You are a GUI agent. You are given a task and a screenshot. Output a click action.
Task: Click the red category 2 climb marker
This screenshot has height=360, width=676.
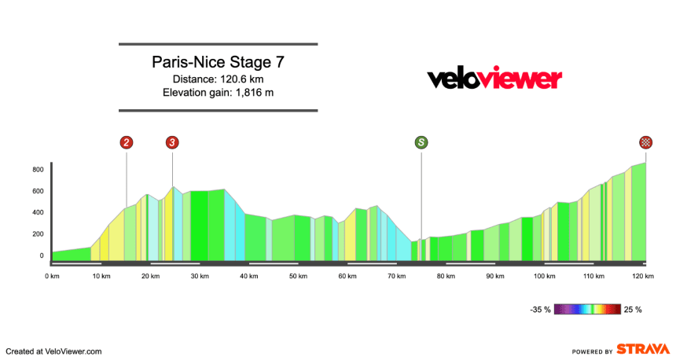point(126,142)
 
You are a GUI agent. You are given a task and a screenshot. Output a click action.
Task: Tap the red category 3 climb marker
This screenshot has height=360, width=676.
point(172,142)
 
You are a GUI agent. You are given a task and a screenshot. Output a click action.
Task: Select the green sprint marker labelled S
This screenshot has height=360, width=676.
point(421,142)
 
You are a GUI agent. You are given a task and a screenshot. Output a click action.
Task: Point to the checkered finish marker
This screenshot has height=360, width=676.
point(645,142)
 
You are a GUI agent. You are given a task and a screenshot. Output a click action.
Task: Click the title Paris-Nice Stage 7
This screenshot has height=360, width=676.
point(218,62)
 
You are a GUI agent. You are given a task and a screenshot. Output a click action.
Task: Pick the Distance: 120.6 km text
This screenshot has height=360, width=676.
point(218,79)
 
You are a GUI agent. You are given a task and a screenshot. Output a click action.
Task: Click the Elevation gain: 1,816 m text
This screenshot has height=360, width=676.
point(218,93)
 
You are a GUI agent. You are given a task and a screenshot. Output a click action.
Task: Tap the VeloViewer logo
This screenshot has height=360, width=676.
point(494,79)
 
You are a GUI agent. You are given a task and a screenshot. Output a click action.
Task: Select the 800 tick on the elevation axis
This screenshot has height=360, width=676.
point(38,169)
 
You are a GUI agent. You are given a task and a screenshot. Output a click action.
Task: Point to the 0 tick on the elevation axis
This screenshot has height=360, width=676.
point(42,255)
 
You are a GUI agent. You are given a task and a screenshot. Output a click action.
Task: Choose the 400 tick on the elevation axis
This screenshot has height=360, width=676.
point(38,212)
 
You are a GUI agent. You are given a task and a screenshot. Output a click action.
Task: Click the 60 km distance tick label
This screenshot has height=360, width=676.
point(347,276)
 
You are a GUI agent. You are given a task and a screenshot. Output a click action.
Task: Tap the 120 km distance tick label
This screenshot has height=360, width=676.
point(643,276)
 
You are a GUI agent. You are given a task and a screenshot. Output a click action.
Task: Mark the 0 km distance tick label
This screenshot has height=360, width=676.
point(53,276)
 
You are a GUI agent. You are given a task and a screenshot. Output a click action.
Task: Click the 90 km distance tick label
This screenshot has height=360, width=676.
point(494,276)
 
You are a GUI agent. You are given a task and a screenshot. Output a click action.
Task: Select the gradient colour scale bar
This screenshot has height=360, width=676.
point(587,309)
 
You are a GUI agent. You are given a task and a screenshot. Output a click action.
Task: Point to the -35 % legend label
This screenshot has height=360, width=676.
point(540,310)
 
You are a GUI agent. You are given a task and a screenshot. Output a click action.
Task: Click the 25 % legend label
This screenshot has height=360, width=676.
point(633,310)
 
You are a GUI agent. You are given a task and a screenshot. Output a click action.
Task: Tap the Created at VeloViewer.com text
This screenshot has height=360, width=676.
point(54,351)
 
